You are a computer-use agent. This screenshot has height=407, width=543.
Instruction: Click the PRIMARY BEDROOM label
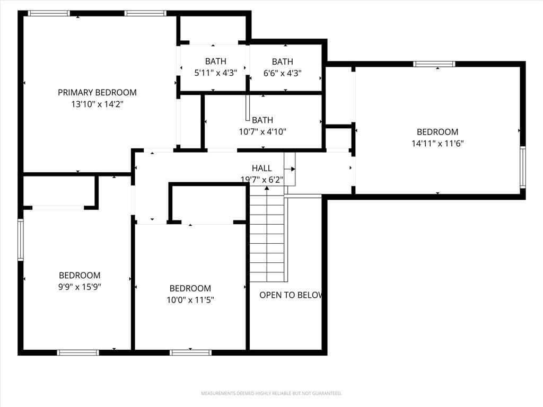pyautogui.click(x=97, y=92)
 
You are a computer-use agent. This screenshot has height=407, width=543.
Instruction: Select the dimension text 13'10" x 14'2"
pyautogui.click(x=98, y=104)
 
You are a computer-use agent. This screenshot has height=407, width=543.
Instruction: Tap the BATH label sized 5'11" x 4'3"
pyautogui.click(x=215, y=61)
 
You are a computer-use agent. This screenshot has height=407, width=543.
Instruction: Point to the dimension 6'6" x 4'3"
pyautogui.click(x=282, y=73)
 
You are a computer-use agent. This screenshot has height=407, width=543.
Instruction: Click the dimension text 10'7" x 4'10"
pyautogui.click(x=262, y=131)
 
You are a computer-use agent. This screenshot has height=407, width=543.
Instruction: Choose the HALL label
pyautogui.click(x=262, y=168)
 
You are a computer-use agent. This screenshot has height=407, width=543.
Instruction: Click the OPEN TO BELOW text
pyautogui.click(x=291, y=295)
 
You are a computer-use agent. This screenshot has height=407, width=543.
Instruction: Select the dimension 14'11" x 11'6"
pyautogui.click(x=437, y=143)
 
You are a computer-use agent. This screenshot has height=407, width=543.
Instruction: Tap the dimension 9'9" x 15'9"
pyautogui.click(x=80, y=287)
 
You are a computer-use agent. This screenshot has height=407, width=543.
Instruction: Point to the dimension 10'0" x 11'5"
pyautogui.click(x=190, y=300)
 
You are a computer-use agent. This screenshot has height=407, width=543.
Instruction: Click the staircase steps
pyautogui.click(x=267, y=234)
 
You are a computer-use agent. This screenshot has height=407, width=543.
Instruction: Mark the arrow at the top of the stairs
pyautogui.click(x=267, y=188)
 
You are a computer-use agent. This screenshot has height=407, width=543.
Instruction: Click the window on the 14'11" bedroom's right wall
pyautogui.click(x=523, y=167)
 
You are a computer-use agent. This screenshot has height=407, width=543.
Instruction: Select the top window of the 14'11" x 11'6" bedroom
pyautogui.click(x=434, y=64)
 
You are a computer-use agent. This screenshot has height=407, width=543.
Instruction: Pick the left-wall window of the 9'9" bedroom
pyautogui.click(x=21, y=240)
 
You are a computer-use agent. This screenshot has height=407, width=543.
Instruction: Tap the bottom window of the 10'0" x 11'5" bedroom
pyautogui.click(x=190, y=352)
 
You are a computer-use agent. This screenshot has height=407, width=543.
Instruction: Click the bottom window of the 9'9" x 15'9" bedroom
pyautogui.click(x=78, y=352)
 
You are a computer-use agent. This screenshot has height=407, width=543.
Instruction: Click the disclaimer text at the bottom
pyautogui.click(x=271, y=393)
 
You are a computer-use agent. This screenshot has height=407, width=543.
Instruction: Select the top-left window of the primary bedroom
pyautogui.click(x=49, y=13)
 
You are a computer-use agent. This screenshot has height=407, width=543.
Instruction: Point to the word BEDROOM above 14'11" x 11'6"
pyautogui.click(x=437, y=132)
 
